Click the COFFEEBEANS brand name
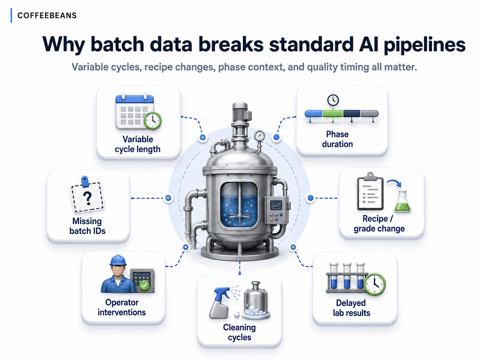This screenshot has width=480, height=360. click(47, 16)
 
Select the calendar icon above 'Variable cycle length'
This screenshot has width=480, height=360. click(135, 112)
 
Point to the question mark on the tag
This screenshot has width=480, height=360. click(88, 198)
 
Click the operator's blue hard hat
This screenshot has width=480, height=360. click(118, 260)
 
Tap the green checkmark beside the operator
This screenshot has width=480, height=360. click(144, 285)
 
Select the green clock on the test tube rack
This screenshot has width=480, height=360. click(375, 284)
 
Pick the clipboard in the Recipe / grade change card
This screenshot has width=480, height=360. click(370, 191)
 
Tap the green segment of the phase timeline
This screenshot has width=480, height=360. click(332, 113)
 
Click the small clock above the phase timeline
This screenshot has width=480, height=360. click(333, 100)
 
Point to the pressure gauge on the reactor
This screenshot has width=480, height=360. click(259, 136)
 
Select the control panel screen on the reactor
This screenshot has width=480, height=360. click(276, 205)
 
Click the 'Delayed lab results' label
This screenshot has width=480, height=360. click(351, 308)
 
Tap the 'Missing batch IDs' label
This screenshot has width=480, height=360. click(87, 226)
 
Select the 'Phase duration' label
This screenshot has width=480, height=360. click(337, 139)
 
